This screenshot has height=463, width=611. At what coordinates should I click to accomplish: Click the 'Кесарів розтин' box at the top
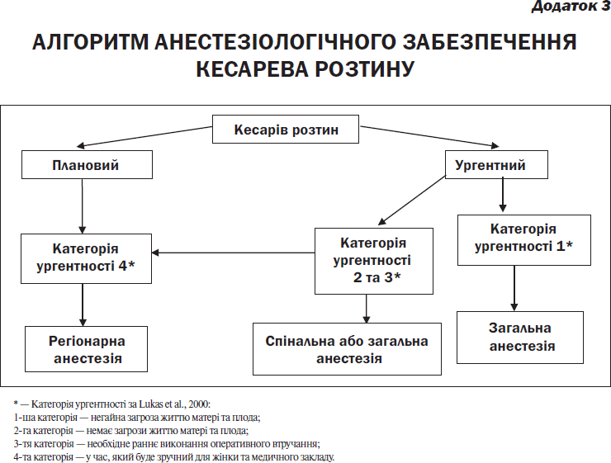tap(285, 129)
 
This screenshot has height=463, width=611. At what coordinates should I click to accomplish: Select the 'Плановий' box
tap(87, 165)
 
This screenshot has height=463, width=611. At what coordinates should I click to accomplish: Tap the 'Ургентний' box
tap(496, 165)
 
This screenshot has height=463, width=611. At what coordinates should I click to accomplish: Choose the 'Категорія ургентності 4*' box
tap(86, 258)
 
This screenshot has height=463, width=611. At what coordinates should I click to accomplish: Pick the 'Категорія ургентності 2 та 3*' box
tap(374, 261)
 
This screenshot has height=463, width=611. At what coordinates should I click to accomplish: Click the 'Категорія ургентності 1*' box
tap(524, 240)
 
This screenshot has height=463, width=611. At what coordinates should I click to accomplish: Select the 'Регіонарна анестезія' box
tap(86, 349)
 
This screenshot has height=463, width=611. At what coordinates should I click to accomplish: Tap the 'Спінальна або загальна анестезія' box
tap(347, 349)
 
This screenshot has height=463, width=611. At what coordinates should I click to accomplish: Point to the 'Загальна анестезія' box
tap(520, 338)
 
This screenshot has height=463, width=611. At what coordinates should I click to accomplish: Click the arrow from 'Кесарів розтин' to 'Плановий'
tap(144, 137)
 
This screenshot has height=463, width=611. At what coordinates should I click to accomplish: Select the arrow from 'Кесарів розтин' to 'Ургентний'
tap(429, 136)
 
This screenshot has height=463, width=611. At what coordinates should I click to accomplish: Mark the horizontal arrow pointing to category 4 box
tap(233, 253)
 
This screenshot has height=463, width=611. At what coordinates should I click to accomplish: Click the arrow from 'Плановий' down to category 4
tap(83, 206)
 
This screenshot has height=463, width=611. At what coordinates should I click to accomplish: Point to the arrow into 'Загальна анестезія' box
tap(514, 288)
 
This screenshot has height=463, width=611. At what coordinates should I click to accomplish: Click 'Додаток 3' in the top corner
tap(571, 6)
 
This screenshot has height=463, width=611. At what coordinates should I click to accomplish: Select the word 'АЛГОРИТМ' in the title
tap(90, 42)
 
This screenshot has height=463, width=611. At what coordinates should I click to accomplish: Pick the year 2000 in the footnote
tap(198, 404)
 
